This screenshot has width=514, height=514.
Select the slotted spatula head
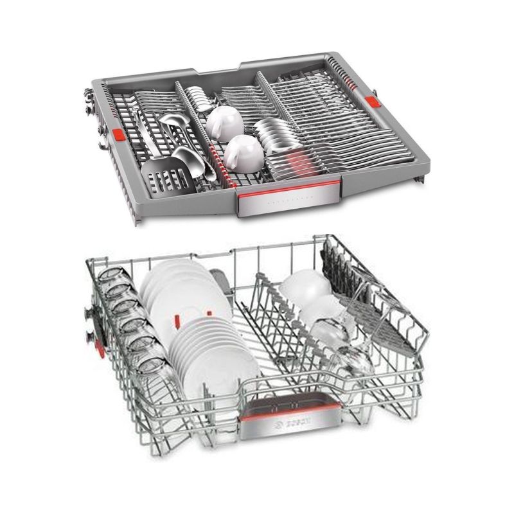(x=166, y=177)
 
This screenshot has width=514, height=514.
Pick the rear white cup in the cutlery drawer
(x=225, y=123)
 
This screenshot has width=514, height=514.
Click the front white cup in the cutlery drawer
(x=244, y=153)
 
